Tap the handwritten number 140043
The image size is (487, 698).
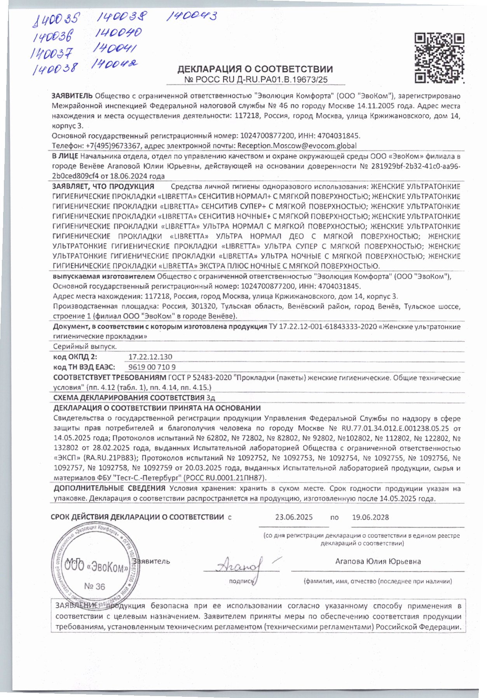191,16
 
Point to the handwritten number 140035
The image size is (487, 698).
56,19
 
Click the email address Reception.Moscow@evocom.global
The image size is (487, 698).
297,145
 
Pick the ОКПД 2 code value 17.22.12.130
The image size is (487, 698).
150,357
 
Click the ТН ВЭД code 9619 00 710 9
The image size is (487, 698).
152,367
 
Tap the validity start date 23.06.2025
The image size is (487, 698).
294,517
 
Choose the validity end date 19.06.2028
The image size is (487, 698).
370,517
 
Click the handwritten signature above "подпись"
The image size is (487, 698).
241,565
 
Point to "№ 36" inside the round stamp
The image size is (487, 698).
94,586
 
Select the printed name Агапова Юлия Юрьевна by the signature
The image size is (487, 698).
378,562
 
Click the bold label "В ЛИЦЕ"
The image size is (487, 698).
65,156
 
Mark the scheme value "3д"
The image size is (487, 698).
211,397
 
